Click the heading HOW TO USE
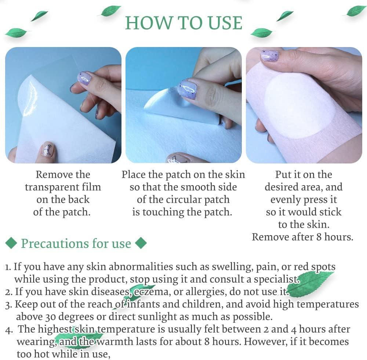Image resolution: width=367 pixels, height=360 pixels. point(183,23)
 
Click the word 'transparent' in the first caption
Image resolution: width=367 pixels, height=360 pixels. point(63,187)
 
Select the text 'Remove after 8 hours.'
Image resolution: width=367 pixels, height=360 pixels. point(302,237)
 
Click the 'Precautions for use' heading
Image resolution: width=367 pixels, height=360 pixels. point(76,244)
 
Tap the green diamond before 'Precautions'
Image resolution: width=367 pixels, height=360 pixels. point(12,243)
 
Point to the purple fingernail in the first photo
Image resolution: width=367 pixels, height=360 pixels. point(84,78)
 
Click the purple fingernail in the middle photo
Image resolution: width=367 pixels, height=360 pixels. point(188,90)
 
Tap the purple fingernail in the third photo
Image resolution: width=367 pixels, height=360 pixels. point(270,55)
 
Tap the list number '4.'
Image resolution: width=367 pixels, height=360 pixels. point(10,330)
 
